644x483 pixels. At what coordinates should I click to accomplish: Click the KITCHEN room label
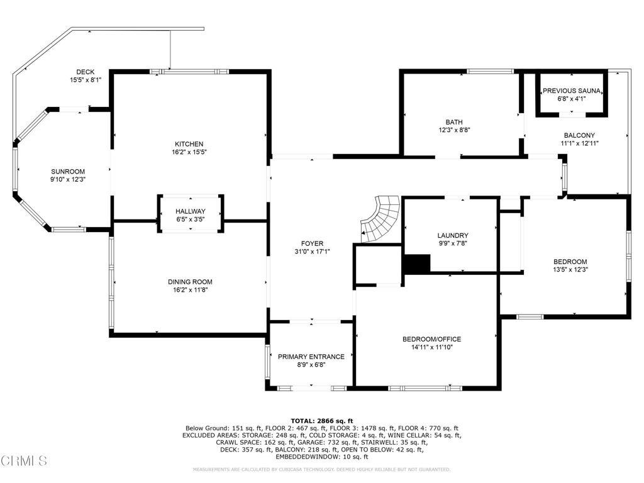(x=189, y=144)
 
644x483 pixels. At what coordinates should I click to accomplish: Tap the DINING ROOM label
(x=190, y=282)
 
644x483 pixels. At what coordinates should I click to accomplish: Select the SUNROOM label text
(x=68, y=172)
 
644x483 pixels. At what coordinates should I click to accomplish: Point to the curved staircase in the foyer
(x=380, y=219)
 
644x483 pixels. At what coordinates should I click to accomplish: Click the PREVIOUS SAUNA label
(x=572, y=91)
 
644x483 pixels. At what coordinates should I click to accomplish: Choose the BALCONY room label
(x=579, y=135)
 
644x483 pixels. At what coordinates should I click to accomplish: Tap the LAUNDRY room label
(x=453, y=235)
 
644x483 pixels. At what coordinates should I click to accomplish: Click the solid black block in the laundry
(x=418, y=264)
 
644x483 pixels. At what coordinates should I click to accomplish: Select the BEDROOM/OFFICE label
(x=431, y=339)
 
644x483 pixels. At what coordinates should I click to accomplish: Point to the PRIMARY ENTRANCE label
(x=311, y=357)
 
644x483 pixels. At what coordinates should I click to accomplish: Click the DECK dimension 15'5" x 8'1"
(x=86, y=80)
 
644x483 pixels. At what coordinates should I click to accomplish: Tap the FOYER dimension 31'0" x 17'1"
(x=312, y=252)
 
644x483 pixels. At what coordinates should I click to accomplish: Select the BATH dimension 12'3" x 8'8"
(x=454, y=130)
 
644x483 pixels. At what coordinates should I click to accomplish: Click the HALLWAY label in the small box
(x=191, y=211)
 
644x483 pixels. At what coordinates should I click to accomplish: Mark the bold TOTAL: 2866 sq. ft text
(x=322, y=421)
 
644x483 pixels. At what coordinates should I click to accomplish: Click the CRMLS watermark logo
(x=24, y=460)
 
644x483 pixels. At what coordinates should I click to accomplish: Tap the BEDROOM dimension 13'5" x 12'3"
(x=570, y=270)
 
